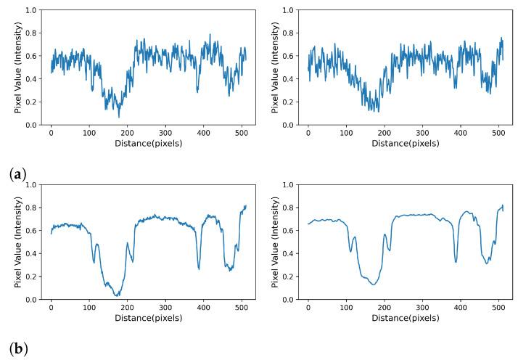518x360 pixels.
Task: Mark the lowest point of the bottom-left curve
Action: click(x=117, y=295)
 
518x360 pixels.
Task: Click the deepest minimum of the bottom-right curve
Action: click(x=374, y=284)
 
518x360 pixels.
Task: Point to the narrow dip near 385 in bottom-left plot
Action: click(x=199, y=269)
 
